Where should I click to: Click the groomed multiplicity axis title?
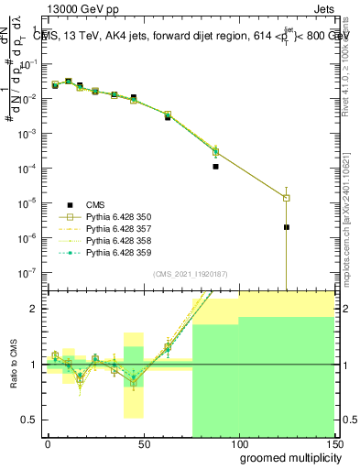(x=287, y=457)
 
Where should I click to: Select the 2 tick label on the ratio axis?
(x=32, y=309)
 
